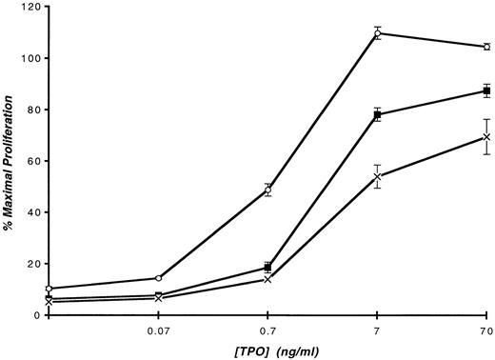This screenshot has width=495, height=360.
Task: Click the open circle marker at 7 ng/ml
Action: [378, 33]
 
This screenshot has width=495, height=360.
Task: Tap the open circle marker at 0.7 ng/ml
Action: [267, 190]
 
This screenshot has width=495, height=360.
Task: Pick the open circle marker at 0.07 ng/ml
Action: [157, 278]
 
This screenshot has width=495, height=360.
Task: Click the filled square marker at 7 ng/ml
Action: [378, 114]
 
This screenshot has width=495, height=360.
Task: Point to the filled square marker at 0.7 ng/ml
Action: [267, 268]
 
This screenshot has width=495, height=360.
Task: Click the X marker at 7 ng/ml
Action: [378, 176]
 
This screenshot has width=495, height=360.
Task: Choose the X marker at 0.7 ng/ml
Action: [267, 279]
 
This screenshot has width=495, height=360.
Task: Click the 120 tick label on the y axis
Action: [28, 8]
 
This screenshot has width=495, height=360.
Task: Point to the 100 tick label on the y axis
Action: [28, 59]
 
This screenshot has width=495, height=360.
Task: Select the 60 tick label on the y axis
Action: [30, 162]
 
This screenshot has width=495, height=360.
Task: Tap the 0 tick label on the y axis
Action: [34, 315]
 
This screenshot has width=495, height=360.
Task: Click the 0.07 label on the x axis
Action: [157, 330]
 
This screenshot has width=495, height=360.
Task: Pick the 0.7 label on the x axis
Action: [267, 330]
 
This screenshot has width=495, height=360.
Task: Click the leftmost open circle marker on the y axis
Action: [49, 289]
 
